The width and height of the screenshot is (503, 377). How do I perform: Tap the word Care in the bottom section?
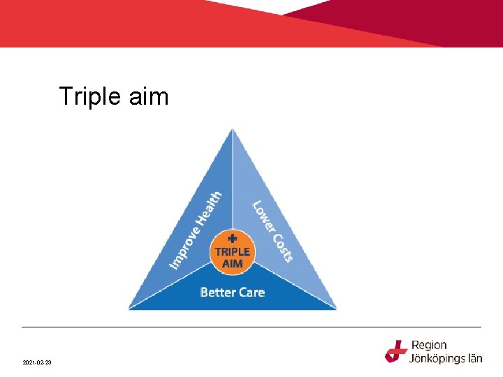(251, 292)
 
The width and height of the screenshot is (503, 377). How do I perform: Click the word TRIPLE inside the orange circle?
(232, 251)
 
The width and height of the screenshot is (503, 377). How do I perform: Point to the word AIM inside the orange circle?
(232, 263)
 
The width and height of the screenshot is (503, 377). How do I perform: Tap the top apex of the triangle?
(233, 130)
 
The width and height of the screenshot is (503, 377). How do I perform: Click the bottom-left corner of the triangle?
(131, 308)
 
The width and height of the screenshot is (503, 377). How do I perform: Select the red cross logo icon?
(396, 351)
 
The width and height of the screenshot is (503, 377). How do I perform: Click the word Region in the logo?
(429, 345)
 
